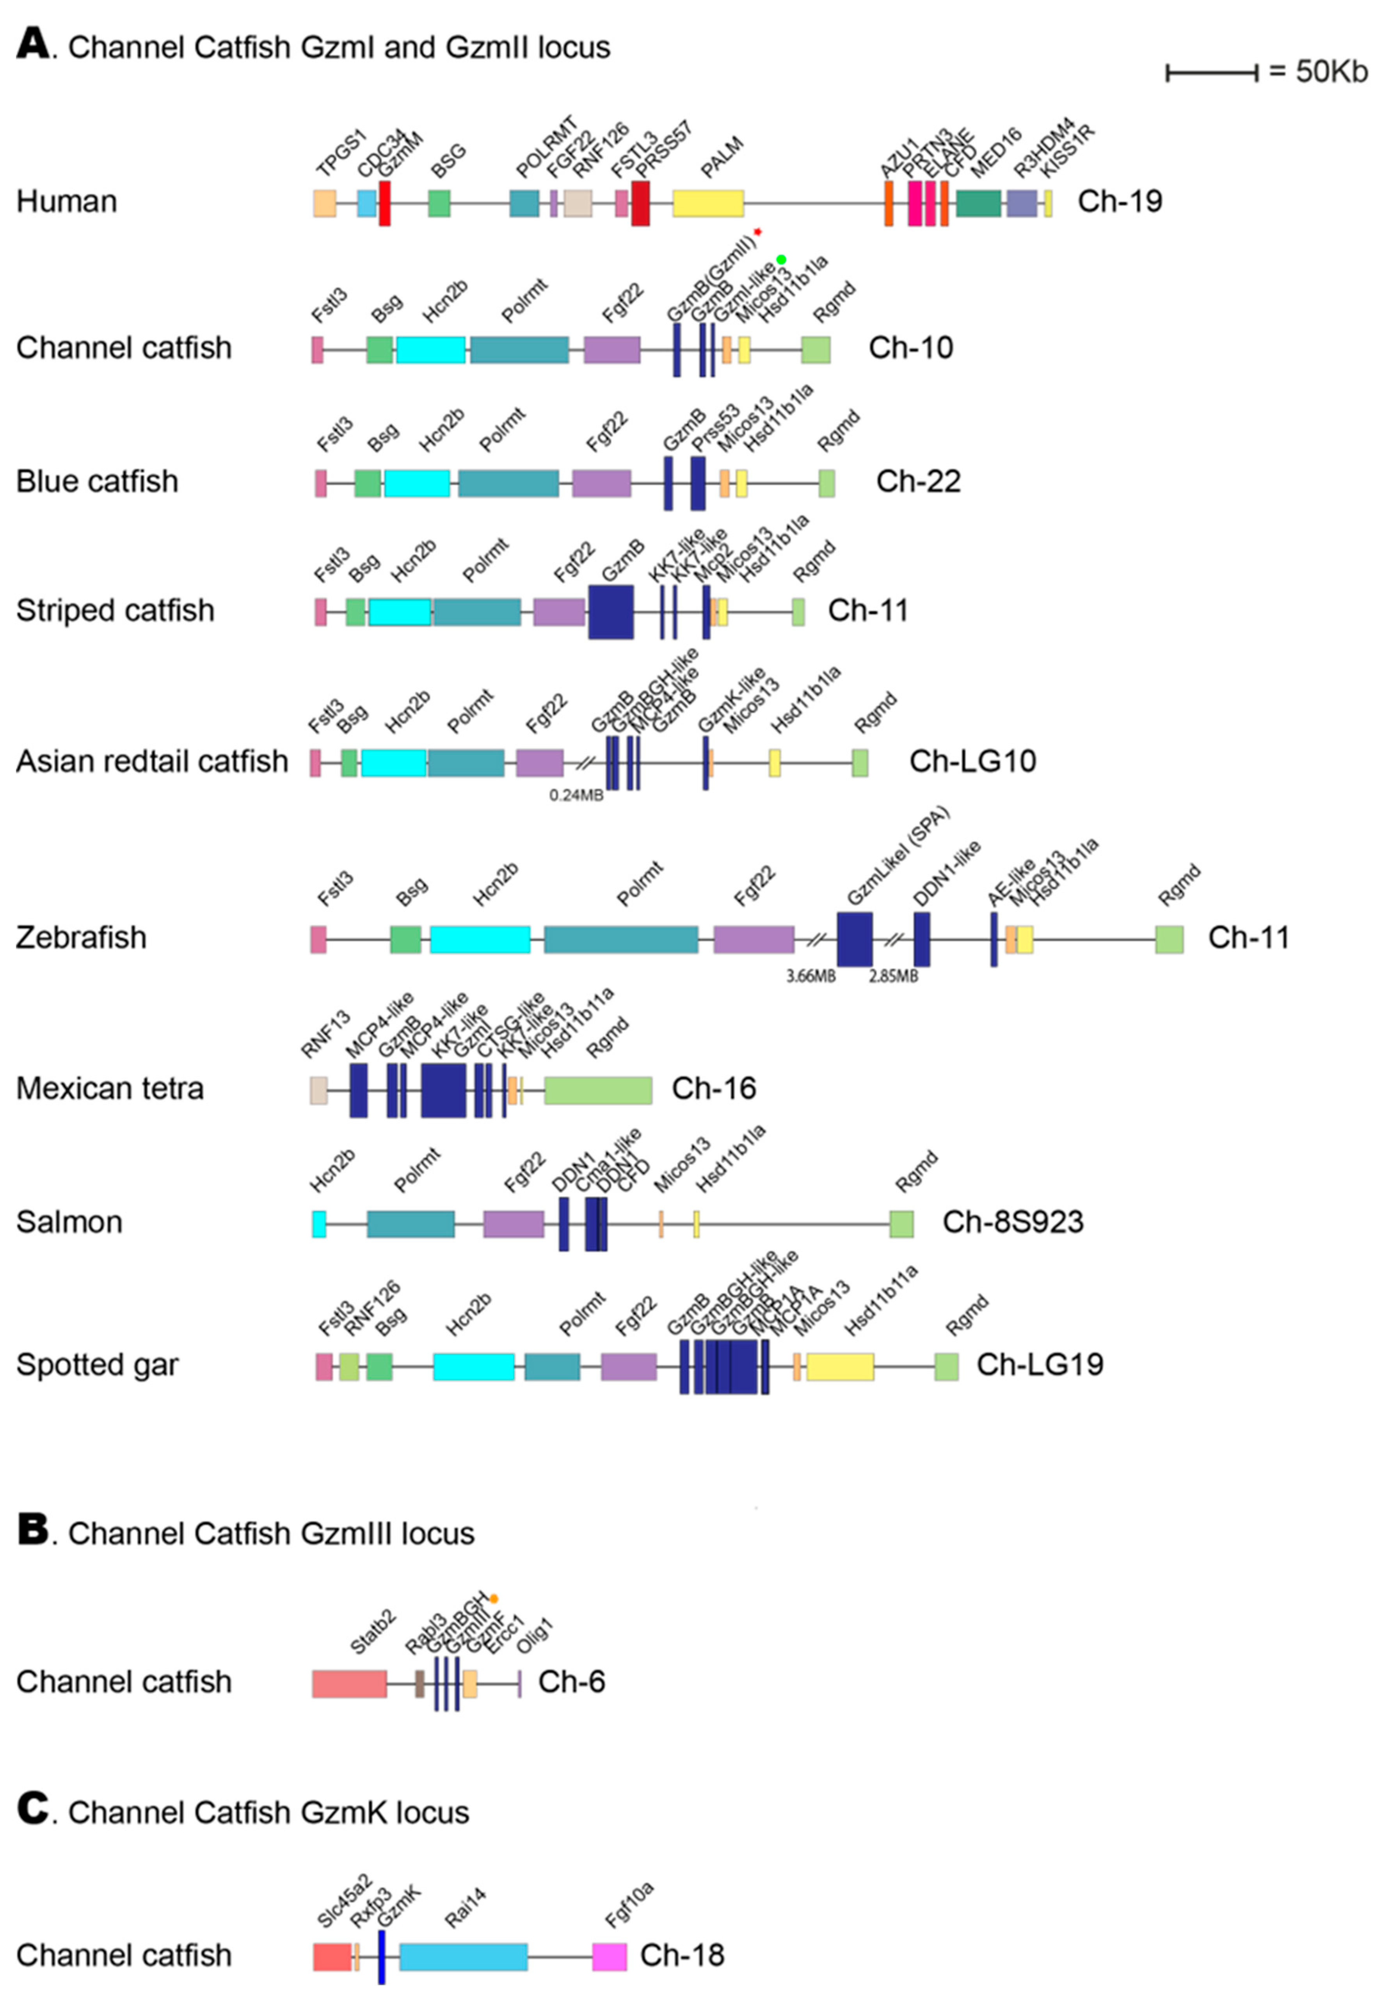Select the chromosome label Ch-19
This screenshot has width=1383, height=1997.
pyautogui.click(x=1120, y=201)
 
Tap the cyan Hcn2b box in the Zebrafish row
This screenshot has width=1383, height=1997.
pyautogui.click(x=480, y=939)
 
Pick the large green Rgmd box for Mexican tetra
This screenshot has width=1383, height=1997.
pyautogui.click(x=598, y=1089)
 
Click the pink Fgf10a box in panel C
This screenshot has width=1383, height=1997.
pyautogui.click(x=609, y=1956)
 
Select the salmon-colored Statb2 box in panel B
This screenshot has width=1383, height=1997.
pyautogui.click(x=349, y=1683)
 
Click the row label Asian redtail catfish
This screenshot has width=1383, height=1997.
pyautogui.click(x=152, y=761)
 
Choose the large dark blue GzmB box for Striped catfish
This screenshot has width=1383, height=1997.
pyautogui.click(x=611, y=612)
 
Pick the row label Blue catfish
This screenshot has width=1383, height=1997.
pyautogui.click(x=97, y=481)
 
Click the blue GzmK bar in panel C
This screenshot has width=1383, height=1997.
pyautogui.click(x=381, y=1956)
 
